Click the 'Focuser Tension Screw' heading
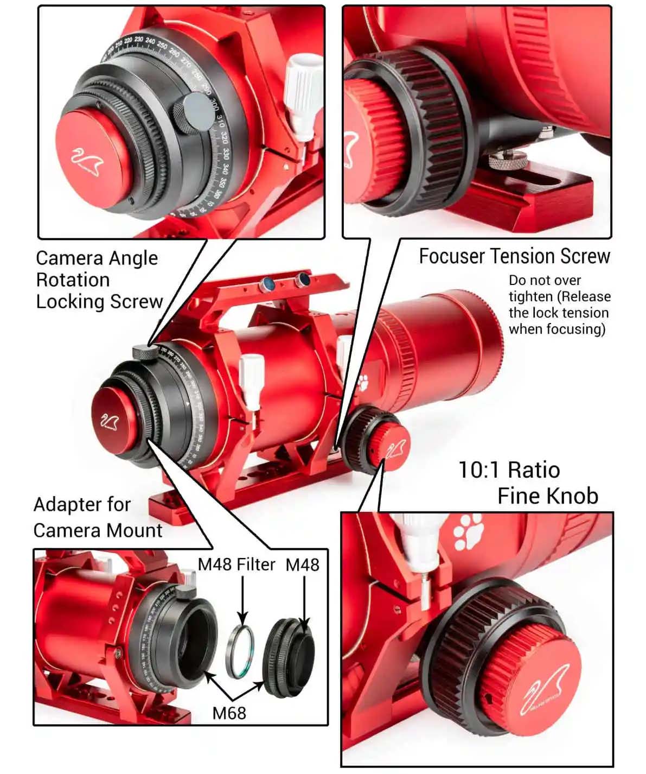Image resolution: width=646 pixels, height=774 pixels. [x=514, y=256]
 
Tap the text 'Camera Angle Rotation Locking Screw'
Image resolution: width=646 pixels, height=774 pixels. [x=99, y=280]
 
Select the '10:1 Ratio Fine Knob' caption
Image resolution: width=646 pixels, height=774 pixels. [x=528, y=483]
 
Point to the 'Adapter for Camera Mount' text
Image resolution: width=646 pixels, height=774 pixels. [x=98, y=517]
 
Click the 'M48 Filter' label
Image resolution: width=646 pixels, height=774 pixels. [x=236, y=564]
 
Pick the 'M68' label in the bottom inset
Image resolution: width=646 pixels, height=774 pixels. [x=229, y=713]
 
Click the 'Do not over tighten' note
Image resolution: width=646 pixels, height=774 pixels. [x=559, y=304]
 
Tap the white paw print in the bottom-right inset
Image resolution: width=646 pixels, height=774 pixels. [x=468, y=531]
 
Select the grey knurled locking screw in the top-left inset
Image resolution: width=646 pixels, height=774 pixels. [x=194, y=113]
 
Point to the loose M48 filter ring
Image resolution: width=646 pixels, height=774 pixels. [x=240, y=651]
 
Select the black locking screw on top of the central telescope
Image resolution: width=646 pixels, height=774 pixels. [x=145, y=352]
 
